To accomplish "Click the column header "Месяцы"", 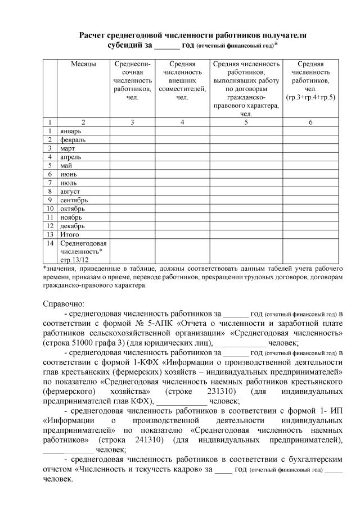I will point(83,64).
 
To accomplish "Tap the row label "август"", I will point(71,191).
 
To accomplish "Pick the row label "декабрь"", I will point(73,225).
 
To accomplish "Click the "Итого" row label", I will point(70,234).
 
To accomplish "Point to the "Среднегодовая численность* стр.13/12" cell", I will point(83,251).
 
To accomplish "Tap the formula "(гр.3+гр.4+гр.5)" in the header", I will point(310,97).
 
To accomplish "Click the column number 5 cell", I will point(246,122).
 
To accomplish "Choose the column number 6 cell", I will point(310,122).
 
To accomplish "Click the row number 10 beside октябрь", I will point(50,208).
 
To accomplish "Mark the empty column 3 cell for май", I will point(132,165).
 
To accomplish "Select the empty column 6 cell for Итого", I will point(310,234).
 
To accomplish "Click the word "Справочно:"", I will point(64,303).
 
